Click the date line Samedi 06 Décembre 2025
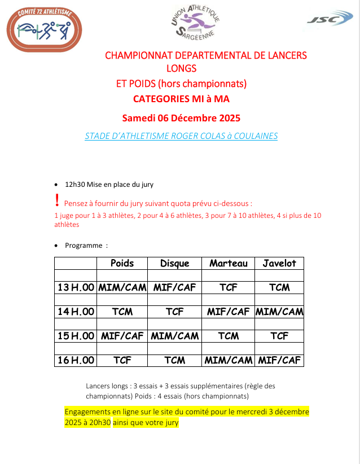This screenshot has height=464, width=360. [181, 118]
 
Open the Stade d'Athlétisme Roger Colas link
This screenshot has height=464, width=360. [181, 136]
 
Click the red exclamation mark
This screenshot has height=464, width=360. [57, 200]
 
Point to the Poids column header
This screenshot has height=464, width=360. [122, 263]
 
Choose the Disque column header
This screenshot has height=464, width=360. [174, 263]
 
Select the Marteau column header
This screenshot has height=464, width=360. [228, 263]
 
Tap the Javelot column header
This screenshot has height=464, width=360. [279, 263]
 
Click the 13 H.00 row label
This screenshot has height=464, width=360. [76, 287]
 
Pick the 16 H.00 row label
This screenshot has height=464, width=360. [76, 360]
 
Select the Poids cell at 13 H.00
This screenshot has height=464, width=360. [122, 287]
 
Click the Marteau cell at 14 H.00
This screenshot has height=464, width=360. [228, 312]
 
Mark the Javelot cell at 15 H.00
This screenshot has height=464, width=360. [279, 336]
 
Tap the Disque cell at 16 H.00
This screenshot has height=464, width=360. [174, 360]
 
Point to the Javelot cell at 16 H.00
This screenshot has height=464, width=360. [279, 360]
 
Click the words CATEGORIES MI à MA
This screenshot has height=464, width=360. [181, 99]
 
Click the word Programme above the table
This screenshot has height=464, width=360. [84, 246]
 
